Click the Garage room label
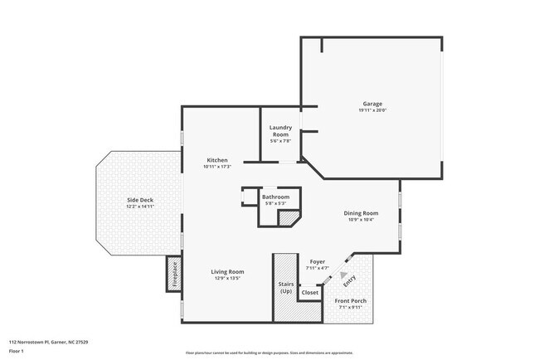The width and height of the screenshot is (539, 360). click(x=372, y=105)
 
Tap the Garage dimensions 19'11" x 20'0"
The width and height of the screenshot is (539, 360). click(x=372, y=110)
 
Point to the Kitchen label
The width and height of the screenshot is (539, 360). click(x=217, y=159)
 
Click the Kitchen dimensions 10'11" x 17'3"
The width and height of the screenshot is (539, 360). click(x=217, y=167)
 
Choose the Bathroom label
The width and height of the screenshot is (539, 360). click(x=276, y=197)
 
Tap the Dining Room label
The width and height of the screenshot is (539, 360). click(x=361, y=213)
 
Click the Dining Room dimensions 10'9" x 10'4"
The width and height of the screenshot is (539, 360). click(x=361, y=220)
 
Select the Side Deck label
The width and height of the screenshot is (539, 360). click(x=139, y=200)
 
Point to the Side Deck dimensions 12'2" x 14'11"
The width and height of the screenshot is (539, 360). click(x=139, y=207)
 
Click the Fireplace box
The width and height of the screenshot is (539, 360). click(x=174, y=275)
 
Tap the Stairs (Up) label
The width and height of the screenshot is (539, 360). click(x=285, y=287)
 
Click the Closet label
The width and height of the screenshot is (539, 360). click(x=309, y=292)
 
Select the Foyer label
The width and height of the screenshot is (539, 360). click(x=318, y=261)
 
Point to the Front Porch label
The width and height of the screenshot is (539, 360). click(x=350, y=300)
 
